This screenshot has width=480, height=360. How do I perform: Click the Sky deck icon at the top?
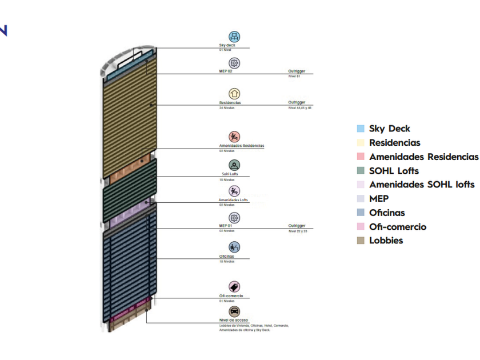234,37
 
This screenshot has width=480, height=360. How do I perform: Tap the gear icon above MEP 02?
234,63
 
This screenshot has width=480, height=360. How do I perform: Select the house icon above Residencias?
234,94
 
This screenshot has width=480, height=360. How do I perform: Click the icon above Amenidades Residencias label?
234,137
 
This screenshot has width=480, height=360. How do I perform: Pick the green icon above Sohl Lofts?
234,165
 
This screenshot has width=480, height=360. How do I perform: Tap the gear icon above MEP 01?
234,218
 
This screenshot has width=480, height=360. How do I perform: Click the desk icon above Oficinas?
234,247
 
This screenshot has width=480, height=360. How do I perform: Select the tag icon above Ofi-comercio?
234,287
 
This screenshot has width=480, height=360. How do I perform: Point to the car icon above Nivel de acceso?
234,311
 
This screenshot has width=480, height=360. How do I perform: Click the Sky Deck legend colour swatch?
360,129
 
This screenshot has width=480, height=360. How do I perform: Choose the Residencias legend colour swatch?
360,143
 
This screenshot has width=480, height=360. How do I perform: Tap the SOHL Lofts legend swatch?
360,171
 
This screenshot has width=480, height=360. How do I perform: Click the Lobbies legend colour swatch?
360,241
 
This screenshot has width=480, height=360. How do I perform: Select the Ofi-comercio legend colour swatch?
360,227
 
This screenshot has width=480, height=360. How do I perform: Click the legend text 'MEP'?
379,199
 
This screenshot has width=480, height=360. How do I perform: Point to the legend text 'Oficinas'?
387,213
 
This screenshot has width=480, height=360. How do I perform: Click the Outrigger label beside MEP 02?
297,71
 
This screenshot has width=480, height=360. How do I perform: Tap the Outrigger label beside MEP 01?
297,226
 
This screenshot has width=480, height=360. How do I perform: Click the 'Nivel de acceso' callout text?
234,321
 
